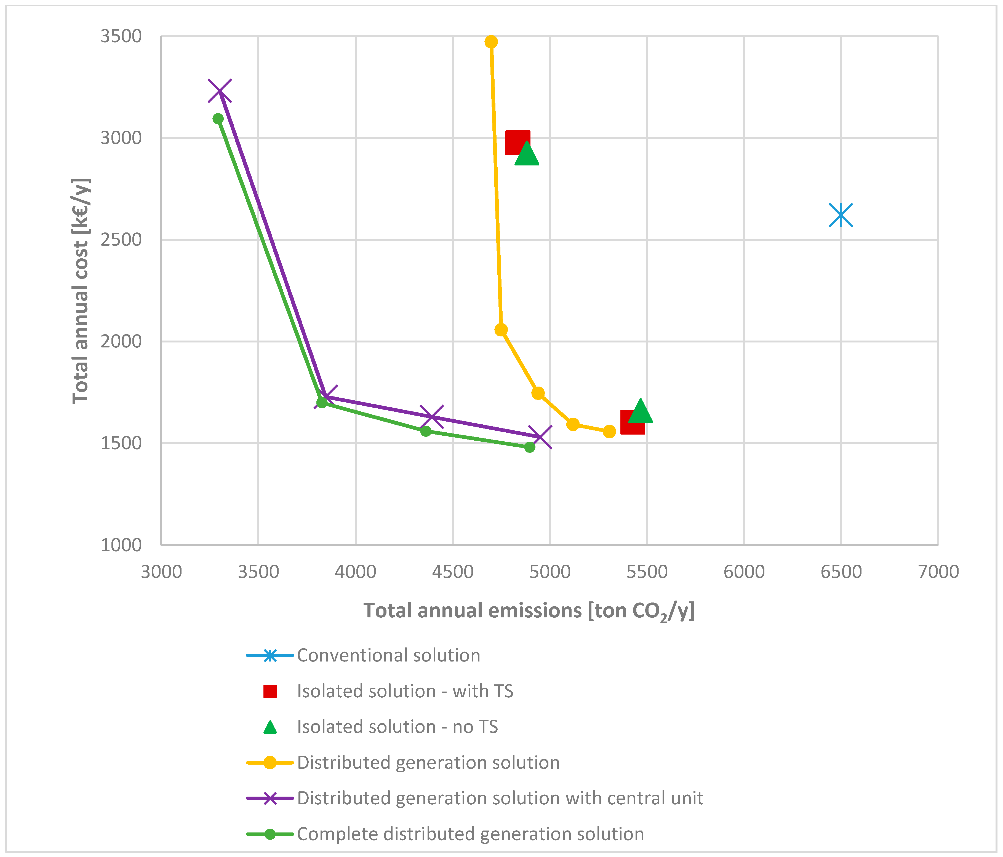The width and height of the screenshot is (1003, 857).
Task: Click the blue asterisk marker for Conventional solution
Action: [x=840, y=215]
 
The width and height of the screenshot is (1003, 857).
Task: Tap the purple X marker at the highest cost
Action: [x=219, y=90]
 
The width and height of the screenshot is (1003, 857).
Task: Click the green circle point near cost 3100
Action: [x=218, y=119]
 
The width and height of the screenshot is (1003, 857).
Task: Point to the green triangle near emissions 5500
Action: [x=641, y=411]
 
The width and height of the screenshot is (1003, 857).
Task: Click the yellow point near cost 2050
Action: [x=501, y=330]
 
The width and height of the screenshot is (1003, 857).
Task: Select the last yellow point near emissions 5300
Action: [x=609, y=431]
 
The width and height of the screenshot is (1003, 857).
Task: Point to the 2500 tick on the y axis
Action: [x=121, y=240]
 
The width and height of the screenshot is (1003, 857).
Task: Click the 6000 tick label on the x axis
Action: [x=744, y=572]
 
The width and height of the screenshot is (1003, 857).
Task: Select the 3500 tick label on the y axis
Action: [x=121, y=36]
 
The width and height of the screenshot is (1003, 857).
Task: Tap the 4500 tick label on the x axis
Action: [x=453, y=572]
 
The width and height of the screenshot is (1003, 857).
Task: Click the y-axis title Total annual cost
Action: [x=81, y=290]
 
